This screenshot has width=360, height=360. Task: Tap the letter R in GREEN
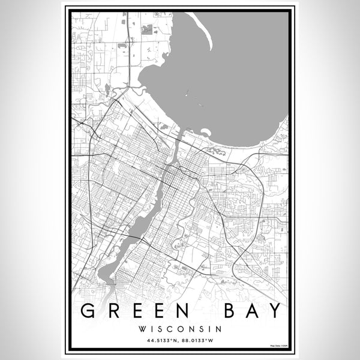113,311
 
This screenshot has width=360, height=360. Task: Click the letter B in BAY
225,311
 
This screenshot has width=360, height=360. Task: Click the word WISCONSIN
179,329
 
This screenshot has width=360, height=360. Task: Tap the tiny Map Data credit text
278,346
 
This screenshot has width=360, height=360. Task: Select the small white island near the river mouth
206,131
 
